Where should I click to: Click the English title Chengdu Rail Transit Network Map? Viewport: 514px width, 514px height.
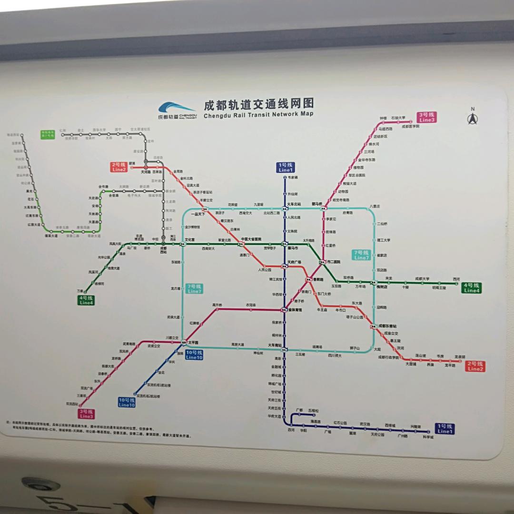pyautogui.click(x=258, y=114)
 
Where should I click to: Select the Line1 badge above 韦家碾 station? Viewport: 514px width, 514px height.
pyautogui.click(x=286, y=167)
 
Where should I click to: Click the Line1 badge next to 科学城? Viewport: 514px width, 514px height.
pyautogui.click(x=445, y=428)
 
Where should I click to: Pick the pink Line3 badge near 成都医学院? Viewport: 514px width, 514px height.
pyautogui.click(x=427, y=117)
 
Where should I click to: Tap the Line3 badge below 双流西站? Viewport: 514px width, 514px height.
pyautogui.click(x=87, y=414)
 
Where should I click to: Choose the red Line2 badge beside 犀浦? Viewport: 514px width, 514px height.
pyautogui.click(x=119, y=167)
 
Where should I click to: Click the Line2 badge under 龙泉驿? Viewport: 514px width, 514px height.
pyautogui.click(x=475, y=366)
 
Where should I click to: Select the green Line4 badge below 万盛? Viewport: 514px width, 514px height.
pyautogui.click(x=87, y=300)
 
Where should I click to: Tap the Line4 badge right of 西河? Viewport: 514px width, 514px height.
pyautogui.click(x=472, y=287)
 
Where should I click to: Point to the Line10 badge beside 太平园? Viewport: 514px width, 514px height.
pyautogui.click(x=194, y=355)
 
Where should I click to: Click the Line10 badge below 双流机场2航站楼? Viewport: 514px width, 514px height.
pyautogui.click(x=127, y=402)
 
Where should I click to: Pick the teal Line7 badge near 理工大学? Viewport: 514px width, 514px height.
pyautogui.click(x=362, y=255)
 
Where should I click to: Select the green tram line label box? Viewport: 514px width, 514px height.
pyautogui.click(x=48, y=134)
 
